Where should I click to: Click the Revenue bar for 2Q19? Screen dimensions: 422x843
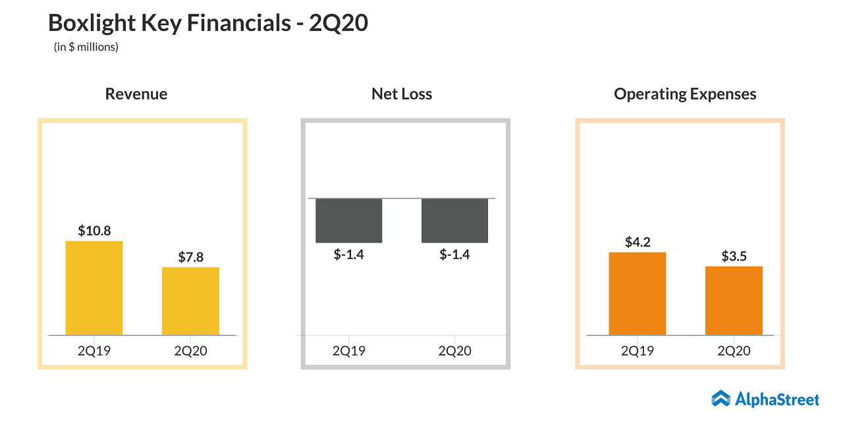pyautogui.click(x=94, y=288)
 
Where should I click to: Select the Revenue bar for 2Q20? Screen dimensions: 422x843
pyautogui.click(x=190, y=301)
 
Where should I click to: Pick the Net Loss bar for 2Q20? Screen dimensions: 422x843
pyautogui.click(x=454, y=220)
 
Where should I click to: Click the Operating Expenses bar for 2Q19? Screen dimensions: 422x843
pyautogui.click(x=638, y=293)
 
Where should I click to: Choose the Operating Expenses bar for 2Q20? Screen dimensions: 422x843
pyautogui.click(x=734, y=301)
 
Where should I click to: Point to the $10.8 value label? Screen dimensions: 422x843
pyautogui.click(x=94, y=231)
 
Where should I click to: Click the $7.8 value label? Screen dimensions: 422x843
pyautogui.click(x=190, y=257)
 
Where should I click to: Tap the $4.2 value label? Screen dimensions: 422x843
pyautogui.click(x=638, y=242)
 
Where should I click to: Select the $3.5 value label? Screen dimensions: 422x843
pyautogui.click(x=734, y=256)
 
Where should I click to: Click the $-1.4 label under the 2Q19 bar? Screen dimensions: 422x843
pyautogui.click(x=349, y=254)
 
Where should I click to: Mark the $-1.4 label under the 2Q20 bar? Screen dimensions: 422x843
pyautogui.click(x=454, y=254)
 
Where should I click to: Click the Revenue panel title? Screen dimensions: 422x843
pyautogui.click(x=136, y=94)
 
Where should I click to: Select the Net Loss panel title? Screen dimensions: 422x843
pyautogui.click(x=402, y=94)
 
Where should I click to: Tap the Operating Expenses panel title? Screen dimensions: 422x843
pyautogui.click(x=685, y=94)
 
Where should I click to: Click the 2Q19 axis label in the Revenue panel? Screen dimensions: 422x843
pyautogui.click(x=94, y=351)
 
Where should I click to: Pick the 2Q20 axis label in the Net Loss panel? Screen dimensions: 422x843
pyautogui.click(x=454, y=351)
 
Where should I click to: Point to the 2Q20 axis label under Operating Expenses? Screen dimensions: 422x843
pyautogui.click(x=734, y=351)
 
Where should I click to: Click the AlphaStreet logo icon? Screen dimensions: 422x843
pyautogui.click(x=721, y=398)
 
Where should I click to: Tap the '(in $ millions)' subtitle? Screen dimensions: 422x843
pyautogui.click(x=86, y=47)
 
